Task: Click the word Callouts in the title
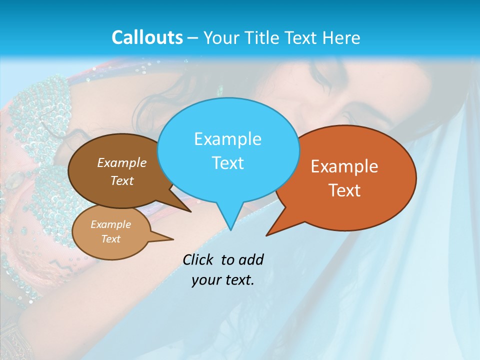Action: click(147, 37)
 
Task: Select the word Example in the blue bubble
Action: click(227, 139)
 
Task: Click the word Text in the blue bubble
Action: click(227, 163)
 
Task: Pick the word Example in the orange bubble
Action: click(344, 166)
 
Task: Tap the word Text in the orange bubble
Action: click(344, 190)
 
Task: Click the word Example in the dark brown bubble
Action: click(122, 163)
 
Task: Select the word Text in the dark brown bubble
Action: click(122, 181)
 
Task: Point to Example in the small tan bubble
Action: click(110, 224)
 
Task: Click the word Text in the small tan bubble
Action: click(110, 239)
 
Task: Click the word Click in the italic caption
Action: click(197, 260)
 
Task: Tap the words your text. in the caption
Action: click(223, 280)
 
